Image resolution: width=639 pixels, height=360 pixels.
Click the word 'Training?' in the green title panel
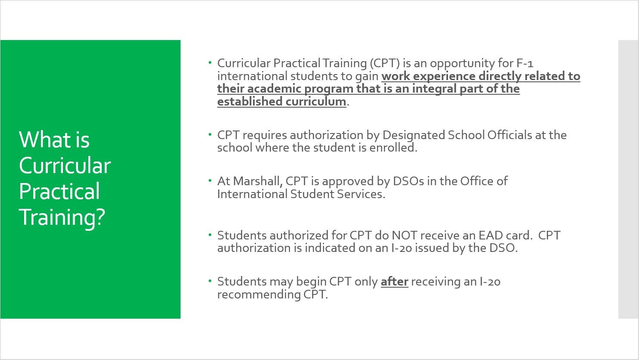(x=62, y=217)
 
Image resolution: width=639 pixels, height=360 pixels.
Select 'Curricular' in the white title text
(x=65, y=166)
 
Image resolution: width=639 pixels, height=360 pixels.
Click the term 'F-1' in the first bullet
(x=525, y=63)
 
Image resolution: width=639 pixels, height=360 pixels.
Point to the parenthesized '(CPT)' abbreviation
(x=385, y=63)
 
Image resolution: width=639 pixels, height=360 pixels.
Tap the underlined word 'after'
(x=394, y=282)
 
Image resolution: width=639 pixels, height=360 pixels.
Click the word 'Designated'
(x=413, y=135)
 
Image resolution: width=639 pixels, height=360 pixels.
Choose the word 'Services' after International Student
(x=361, y=194)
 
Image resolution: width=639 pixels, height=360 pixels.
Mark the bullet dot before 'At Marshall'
(x=210, y=180)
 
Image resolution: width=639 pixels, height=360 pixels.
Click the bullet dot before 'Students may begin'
(x=210, y=281)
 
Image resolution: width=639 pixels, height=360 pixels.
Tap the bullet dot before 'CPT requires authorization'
(x=210, y=134)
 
